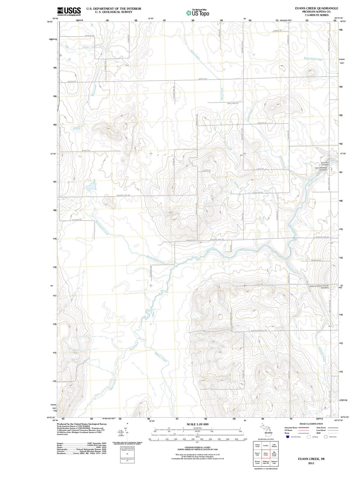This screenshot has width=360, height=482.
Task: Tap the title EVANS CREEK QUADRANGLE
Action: point(317,8)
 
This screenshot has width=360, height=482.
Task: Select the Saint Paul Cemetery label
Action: point(325,163)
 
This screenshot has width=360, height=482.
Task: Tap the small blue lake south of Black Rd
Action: point(91,187)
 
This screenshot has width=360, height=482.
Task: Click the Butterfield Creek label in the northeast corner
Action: point(313,59)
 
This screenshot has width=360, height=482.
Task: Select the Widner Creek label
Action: point(161,357)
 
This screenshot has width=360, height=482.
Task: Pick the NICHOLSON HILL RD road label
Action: point(259,330)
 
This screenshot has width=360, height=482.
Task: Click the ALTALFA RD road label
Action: point(89,36)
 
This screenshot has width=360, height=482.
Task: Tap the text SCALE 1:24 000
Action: point(198,424)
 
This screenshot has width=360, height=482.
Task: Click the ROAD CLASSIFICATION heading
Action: point(311,424)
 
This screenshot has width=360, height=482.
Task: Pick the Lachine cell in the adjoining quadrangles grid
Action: point(266,445)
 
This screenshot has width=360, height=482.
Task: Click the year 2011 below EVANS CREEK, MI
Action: point(311,463)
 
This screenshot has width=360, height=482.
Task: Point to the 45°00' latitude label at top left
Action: point(50,22)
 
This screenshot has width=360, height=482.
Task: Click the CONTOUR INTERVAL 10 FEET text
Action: point(198,447)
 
